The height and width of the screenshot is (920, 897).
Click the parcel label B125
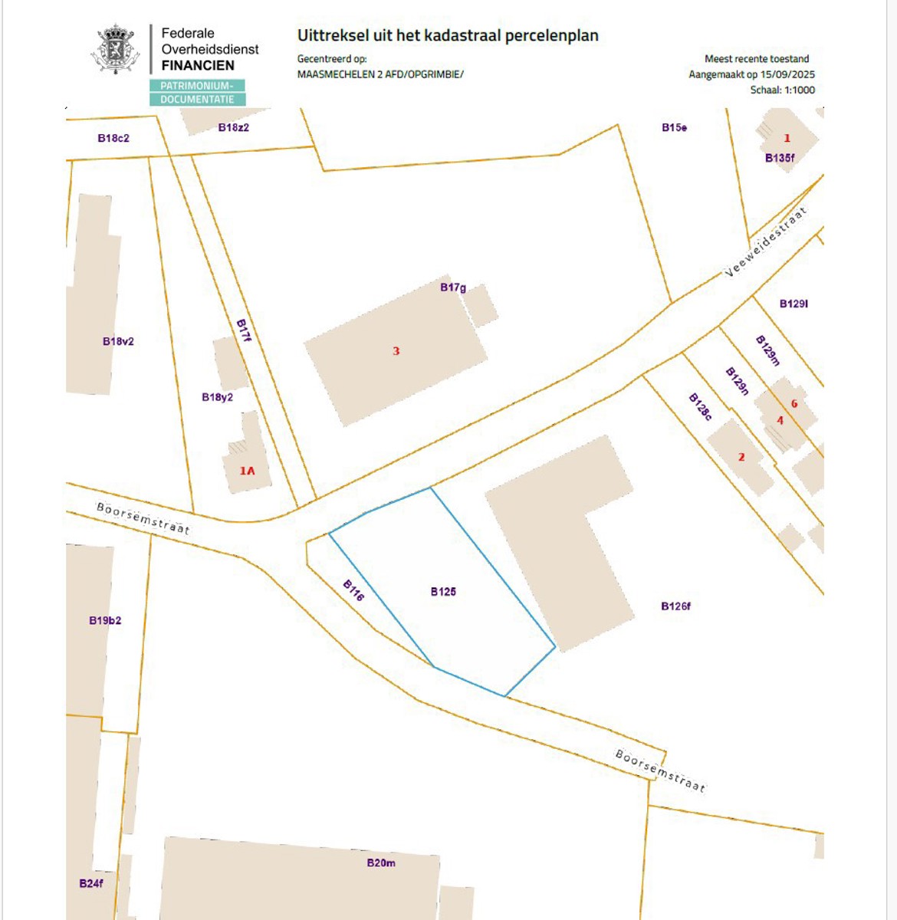[443, 591]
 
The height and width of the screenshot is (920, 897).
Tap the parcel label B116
[353, 590]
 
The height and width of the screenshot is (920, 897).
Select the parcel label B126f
[675, 606]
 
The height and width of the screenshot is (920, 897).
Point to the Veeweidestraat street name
[765, 242]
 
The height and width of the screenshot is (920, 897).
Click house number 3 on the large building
[396, 351]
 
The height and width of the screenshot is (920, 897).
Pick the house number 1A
[247, 471]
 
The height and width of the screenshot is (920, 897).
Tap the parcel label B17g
[453, 287]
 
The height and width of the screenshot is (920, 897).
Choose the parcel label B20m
[381, 863]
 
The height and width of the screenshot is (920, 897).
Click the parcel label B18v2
[118, 341]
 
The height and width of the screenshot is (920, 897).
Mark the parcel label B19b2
[105, 620]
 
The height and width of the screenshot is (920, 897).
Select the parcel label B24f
[90, 883]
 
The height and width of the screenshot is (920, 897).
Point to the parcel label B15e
[674, 127]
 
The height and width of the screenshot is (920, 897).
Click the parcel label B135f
[780, 158]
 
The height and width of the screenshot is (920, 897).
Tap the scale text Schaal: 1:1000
[782, 90]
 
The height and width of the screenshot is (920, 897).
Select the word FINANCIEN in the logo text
[198, 65]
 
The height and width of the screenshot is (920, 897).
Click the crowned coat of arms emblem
[116, 50]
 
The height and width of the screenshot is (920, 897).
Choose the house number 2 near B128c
[741, 457]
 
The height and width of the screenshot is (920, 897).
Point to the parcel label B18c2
[113, 138]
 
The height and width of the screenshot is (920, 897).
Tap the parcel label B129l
[793, 304]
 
